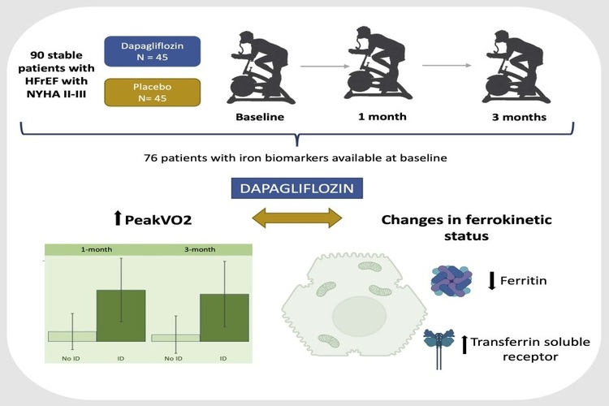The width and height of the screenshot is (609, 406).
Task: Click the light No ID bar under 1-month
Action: [72, 335]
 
